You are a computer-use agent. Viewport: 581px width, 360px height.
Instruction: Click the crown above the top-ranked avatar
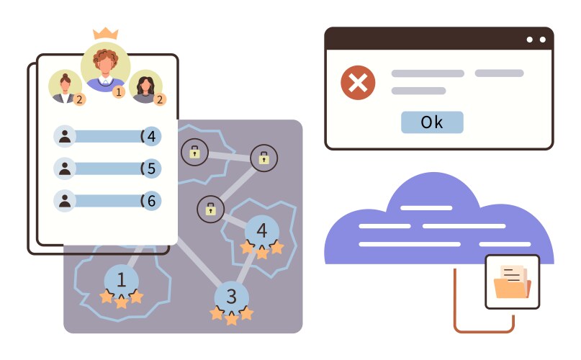pos(106,34)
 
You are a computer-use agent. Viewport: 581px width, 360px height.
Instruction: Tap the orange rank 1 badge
pos(119,91)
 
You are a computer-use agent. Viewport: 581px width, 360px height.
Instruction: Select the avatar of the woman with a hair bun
pos(65,86)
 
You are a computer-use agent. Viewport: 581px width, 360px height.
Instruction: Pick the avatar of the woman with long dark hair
pos(145,87)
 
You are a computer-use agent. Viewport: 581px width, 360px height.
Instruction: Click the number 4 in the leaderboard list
pos(151,136)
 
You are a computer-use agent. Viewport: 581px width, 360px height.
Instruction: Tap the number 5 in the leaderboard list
pos(151,168)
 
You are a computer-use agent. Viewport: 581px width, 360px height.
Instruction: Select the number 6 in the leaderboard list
pos(151,201)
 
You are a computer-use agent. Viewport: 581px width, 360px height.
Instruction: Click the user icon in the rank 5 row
pos(65,168)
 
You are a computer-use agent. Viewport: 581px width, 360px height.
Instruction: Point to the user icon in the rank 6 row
pos(65,201)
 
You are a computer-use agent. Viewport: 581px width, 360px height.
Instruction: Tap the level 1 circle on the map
pos(121,279)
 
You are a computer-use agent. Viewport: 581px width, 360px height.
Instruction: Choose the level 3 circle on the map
pos(231,296)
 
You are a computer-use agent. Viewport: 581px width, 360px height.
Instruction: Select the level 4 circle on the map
pos(262,230)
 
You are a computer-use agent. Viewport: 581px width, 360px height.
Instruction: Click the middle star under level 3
pos(231,318)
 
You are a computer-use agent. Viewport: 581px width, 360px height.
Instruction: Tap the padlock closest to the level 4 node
pos(210,209)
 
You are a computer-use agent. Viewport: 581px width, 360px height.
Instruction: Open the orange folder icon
pos(512,282)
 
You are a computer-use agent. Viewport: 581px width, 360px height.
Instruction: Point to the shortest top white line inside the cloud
pos(426,208)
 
